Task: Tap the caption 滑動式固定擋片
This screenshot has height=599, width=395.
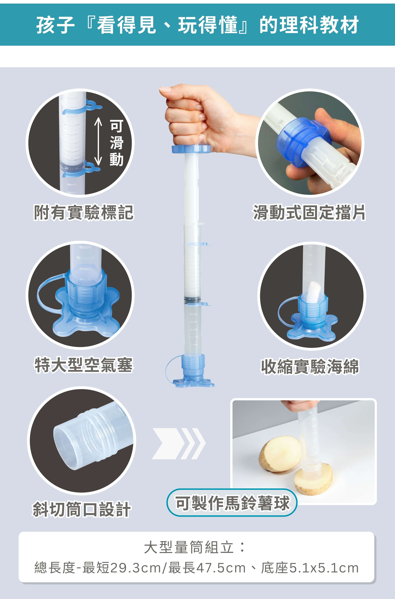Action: [x=309, y=212]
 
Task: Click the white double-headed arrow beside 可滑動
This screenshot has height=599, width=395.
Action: [x=98, y=142]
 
